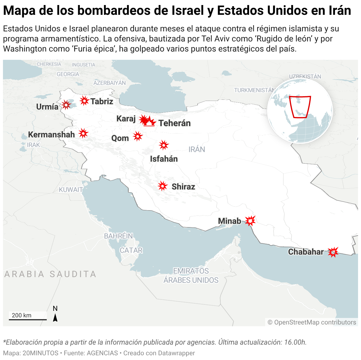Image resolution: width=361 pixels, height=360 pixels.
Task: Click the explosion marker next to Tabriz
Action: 84,101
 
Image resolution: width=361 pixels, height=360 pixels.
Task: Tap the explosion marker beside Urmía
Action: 66,105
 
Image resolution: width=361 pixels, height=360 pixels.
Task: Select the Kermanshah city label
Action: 51,135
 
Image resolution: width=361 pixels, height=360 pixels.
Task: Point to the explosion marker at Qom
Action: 138,136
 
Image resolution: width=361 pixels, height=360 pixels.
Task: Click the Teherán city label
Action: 175,123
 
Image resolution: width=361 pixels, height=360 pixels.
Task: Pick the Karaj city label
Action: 126,119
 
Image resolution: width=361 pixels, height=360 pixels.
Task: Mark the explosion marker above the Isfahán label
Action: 164,145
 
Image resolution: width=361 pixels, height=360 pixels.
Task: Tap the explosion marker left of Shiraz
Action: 162,186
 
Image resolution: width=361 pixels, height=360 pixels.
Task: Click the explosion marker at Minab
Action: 250,221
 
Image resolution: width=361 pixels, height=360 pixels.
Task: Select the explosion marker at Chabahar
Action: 333,252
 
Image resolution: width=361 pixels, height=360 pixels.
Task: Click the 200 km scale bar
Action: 28,319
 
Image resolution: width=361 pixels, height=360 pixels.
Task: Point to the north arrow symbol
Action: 55,318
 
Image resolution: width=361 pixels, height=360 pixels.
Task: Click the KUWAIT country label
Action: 71,190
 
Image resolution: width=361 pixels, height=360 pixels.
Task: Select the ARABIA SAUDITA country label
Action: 50,274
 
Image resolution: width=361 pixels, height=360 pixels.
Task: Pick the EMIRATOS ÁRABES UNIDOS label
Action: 191,276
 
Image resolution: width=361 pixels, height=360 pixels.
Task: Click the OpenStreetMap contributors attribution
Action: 312,322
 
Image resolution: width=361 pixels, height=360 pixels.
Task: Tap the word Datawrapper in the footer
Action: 176,353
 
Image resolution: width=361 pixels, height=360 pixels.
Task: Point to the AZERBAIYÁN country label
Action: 109,83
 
